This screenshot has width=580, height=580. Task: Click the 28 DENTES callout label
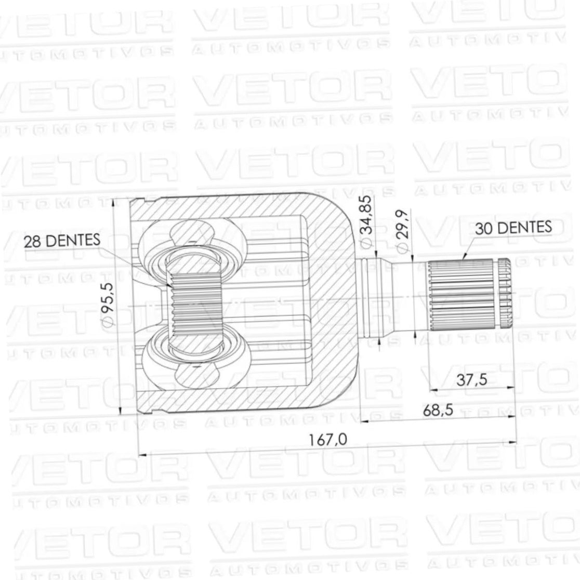[x=62, y=241]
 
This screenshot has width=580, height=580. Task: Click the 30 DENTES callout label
[x=513, y=228]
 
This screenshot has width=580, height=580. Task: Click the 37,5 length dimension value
[x=471, y=380]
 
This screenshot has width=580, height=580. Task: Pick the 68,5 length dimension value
[x=438, y=410]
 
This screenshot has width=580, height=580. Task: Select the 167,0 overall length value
[x=328, y=440]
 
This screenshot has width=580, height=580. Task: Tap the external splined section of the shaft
[x=461, y=295]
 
